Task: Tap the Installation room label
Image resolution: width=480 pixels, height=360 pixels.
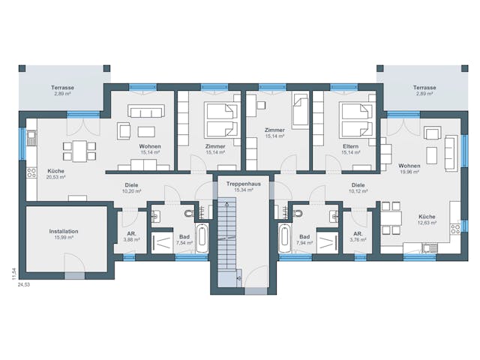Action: (x=64, y=232)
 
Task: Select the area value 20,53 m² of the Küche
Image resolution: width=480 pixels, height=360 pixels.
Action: (x=55, y=177)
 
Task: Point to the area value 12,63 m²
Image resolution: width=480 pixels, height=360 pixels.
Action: (x=427, y=223)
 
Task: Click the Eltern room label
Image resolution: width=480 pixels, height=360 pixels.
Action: (x=349, y=145)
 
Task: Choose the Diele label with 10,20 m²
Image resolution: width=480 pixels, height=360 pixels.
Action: (x=133, y=184)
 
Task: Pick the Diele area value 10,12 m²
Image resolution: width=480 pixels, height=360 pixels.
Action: (x=358, y=190)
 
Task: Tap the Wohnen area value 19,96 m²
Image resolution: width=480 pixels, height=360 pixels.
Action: (x=409, y=172)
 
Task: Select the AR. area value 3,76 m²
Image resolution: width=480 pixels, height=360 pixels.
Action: (x=358, y=240)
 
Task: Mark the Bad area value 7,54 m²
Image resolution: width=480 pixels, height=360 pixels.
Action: (x=184, y=244)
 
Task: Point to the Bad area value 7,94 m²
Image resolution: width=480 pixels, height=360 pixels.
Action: (x=304, y=244)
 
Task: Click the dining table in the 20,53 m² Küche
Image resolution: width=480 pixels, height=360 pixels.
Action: (x=79, y=149)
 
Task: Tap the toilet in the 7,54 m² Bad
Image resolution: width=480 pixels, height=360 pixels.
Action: (x=155, y=216)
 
